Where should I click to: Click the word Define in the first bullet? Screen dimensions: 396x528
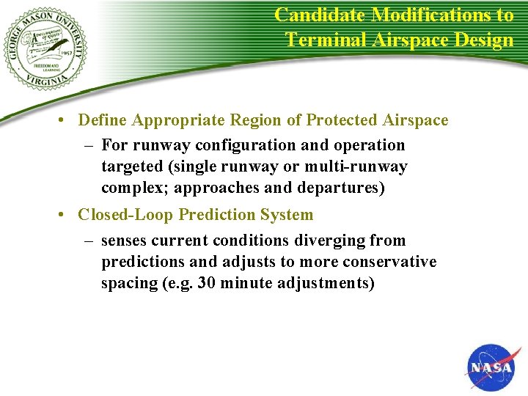click(102, 120)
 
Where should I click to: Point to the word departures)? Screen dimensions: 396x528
click(340, 188)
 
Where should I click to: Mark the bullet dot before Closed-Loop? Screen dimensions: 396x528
click(65, 216)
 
